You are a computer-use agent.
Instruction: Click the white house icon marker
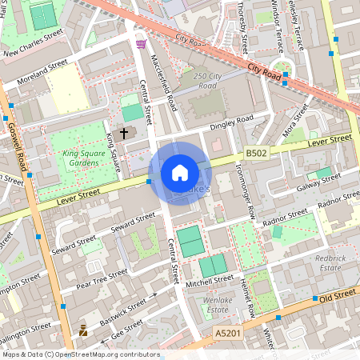180,173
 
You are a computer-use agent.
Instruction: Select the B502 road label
256,152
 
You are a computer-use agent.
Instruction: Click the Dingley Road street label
231,122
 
